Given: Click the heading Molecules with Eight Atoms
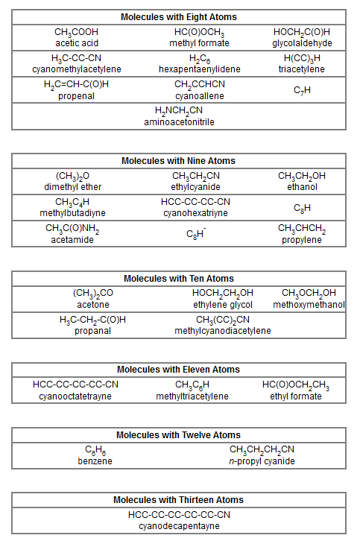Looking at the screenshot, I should [178, 16].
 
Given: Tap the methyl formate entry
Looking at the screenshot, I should [199, 43].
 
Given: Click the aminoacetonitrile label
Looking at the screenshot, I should [179, 121].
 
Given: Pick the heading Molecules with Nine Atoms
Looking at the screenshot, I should [178, 161].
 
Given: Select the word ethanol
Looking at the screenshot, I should [302, 187].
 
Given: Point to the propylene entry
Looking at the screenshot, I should [302, 239].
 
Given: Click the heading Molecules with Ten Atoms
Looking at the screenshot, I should [178, 279].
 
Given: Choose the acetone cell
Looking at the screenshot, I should [93, 304].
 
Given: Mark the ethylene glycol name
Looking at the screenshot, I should [223, 304].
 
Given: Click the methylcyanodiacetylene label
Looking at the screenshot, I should [223, 330].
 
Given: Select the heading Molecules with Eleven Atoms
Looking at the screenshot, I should [178, 370].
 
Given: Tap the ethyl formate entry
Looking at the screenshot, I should [296, 396].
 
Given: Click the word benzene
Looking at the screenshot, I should [95, 461].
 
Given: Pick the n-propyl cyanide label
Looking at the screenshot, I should [262, 461].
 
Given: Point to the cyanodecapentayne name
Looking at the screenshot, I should [179, 525].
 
